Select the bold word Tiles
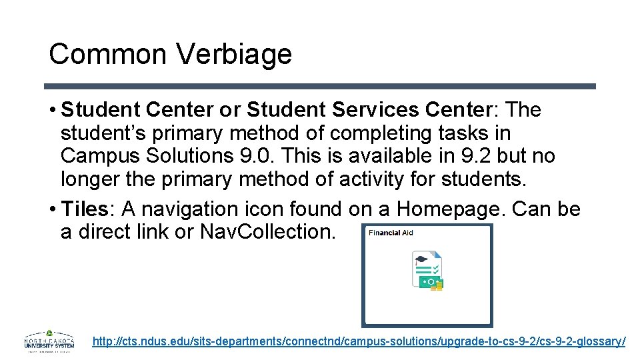85,209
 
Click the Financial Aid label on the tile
391,233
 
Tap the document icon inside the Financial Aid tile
427,271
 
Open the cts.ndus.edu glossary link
359,341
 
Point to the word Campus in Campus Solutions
99,156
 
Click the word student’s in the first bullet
103,133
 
